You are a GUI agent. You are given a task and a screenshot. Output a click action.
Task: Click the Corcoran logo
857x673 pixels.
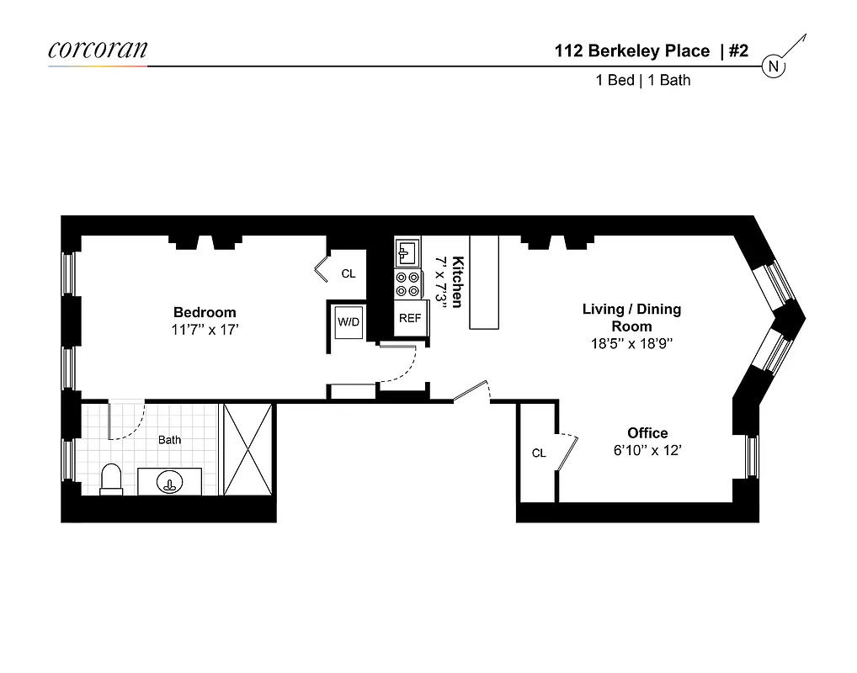click(x=98, y=49)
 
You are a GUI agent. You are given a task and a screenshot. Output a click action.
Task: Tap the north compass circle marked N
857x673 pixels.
click(x=774, y=66)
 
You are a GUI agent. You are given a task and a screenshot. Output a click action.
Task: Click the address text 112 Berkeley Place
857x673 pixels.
click(x=631, y=51)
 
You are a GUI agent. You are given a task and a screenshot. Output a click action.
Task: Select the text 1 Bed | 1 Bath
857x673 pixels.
click(x=642, y=81)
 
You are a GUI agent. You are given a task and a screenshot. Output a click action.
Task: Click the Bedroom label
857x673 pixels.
click(x=205, y=312)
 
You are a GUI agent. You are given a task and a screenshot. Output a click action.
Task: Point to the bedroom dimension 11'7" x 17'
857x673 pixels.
click(x=205, y=330)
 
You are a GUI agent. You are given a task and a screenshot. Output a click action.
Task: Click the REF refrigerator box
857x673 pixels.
click(x=410, y=319)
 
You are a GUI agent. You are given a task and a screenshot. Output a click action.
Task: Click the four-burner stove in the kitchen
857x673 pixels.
click(x=409, y=284)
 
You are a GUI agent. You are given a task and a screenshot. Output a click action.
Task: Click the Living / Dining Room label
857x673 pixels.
click(x=631, y=317)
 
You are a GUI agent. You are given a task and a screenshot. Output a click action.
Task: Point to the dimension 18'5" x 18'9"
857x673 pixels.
click(x=631, y=343)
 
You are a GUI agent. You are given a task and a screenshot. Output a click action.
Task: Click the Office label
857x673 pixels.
click(x=647, y=433)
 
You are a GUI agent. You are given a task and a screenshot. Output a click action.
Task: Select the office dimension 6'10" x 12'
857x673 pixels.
click(x=647, y=450)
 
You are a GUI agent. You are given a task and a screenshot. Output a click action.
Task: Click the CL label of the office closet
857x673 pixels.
click(x=539, y=453)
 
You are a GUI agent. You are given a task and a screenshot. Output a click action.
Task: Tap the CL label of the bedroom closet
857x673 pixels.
click(x=348, y=274)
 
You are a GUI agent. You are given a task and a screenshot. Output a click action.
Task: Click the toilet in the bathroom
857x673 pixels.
click(x=111, y=480)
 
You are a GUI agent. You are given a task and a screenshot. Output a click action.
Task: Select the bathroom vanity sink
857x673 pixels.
click(x=169, y=483)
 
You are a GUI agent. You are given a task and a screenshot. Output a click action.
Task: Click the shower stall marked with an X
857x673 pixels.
click(x=246, y=450)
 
